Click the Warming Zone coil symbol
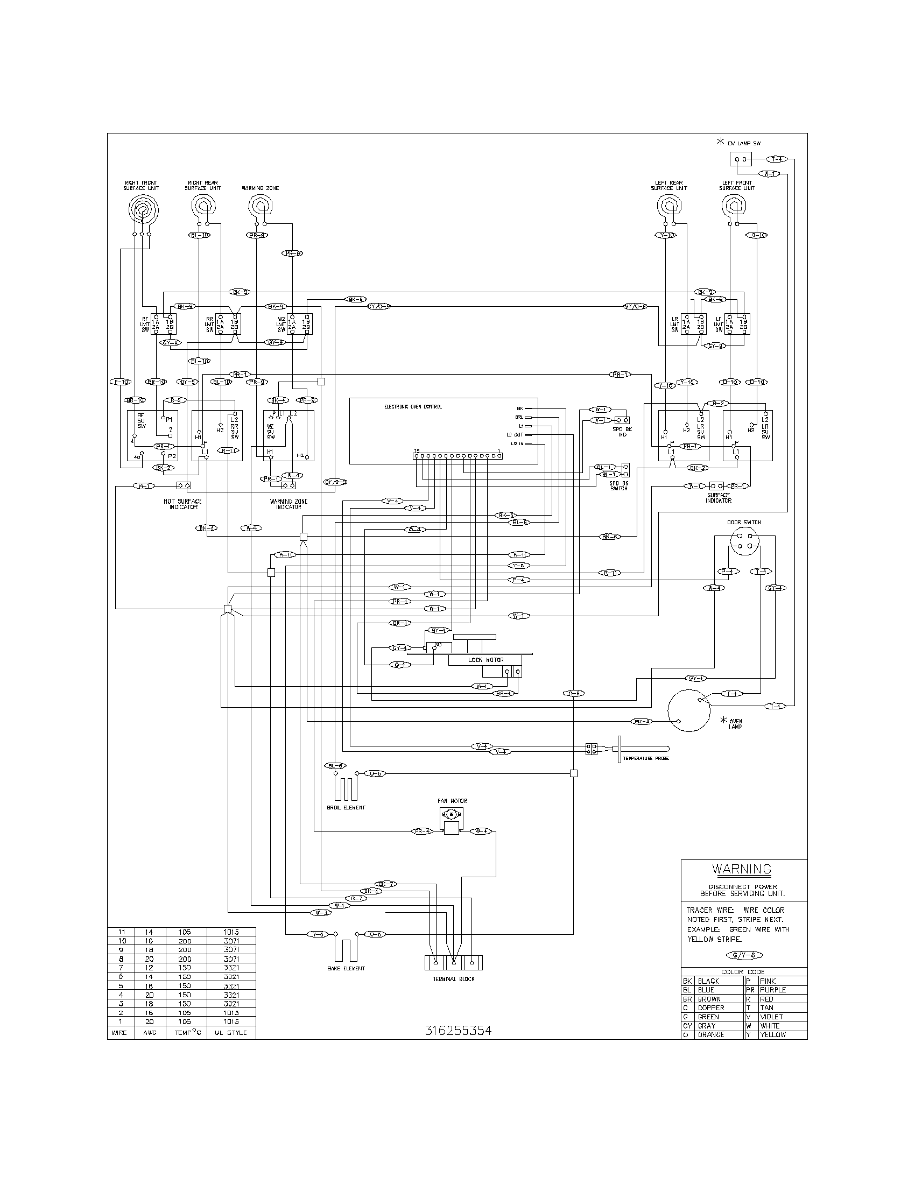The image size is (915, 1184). pyautogui.click(x=261, y=206)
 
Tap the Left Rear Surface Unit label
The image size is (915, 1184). pyautogui.click(x=669, y=186)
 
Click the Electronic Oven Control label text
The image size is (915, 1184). pyautogui.click(x=412, y=406)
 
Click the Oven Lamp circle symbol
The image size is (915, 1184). pyautogui.click(x=688, y=710)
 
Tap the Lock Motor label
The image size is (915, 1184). pyautogui.click(x=485, y=660)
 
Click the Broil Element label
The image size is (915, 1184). pyautogui.click(x=346, y=807)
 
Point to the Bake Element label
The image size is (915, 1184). pyautogui.click(x=346, y=968)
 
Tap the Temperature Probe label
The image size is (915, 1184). pyautogui.click(x=645, y=758)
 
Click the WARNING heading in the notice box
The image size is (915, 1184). pyautogui.click(x=742, y=869)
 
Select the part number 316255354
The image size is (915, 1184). pyautogui.click(x=458, y=1031)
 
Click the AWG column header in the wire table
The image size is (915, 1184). pyautogui.click(x=150, y=1032)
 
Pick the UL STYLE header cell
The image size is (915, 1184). pyautogui.click(x=230, y=1032)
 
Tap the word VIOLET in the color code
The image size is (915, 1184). pyautogui.click(x=771, y=1017)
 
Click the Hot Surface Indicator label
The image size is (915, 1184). pyautogui.click(x=182, y=504)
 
